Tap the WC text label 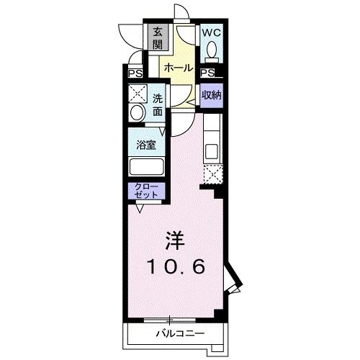[211, 32]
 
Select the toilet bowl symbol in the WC [212, 50]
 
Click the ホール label [178, 68]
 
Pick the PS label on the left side [135, 73]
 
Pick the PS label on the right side [207, 73]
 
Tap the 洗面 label [158, 105]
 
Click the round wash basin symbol [136, 114]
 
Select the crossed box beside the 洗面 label [137, 94]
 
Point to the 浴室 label [147, 145]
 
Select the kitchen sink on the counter [212, 152]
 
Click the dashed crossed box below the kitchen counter [212, 174]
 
